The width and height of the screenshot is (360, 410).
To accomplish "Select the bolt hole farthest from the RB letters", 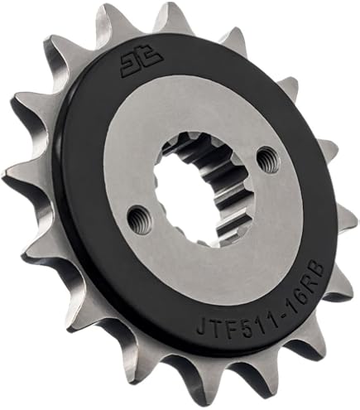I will pyautogui.click(x=137, y=219).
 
